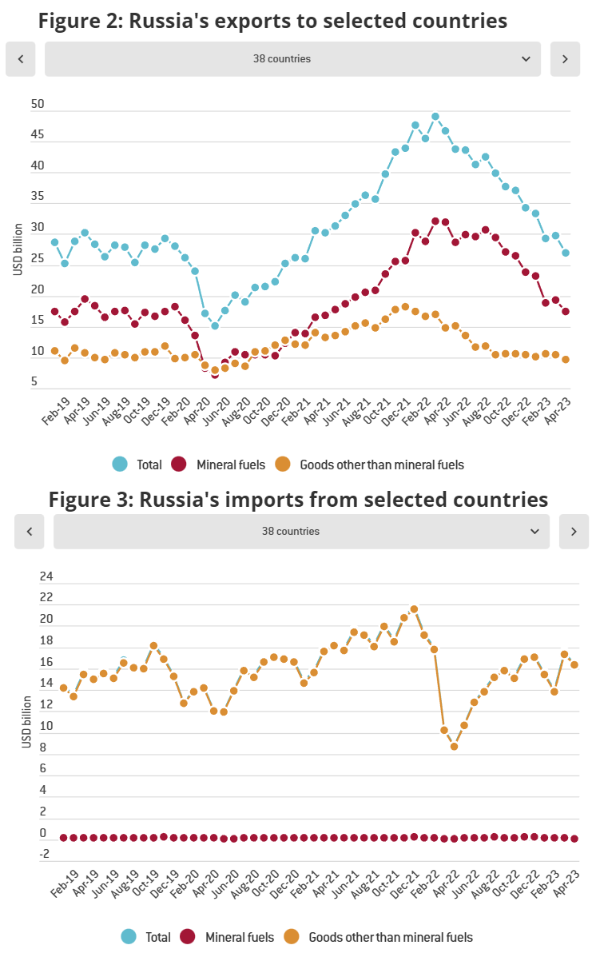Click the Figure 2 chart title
point(272,20)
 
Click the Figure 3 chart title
point(298,499)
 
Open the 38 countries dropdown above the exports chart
point(292,59)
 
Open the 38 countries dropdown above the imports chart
point(301,532)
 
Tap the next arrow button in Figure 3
point(574,532)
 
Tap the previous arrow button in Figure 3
point(30,532)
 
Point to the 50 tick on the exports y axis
point(38,105)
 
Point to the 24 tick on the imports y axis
point(46,576)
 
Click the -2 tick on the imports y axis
point(45,854)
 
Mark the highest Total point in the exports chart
point(435,116)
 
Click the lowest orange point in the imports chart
point(454,747)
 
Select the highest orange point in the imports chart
point(414,609)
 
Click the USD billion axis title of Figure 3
point(26,723)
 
